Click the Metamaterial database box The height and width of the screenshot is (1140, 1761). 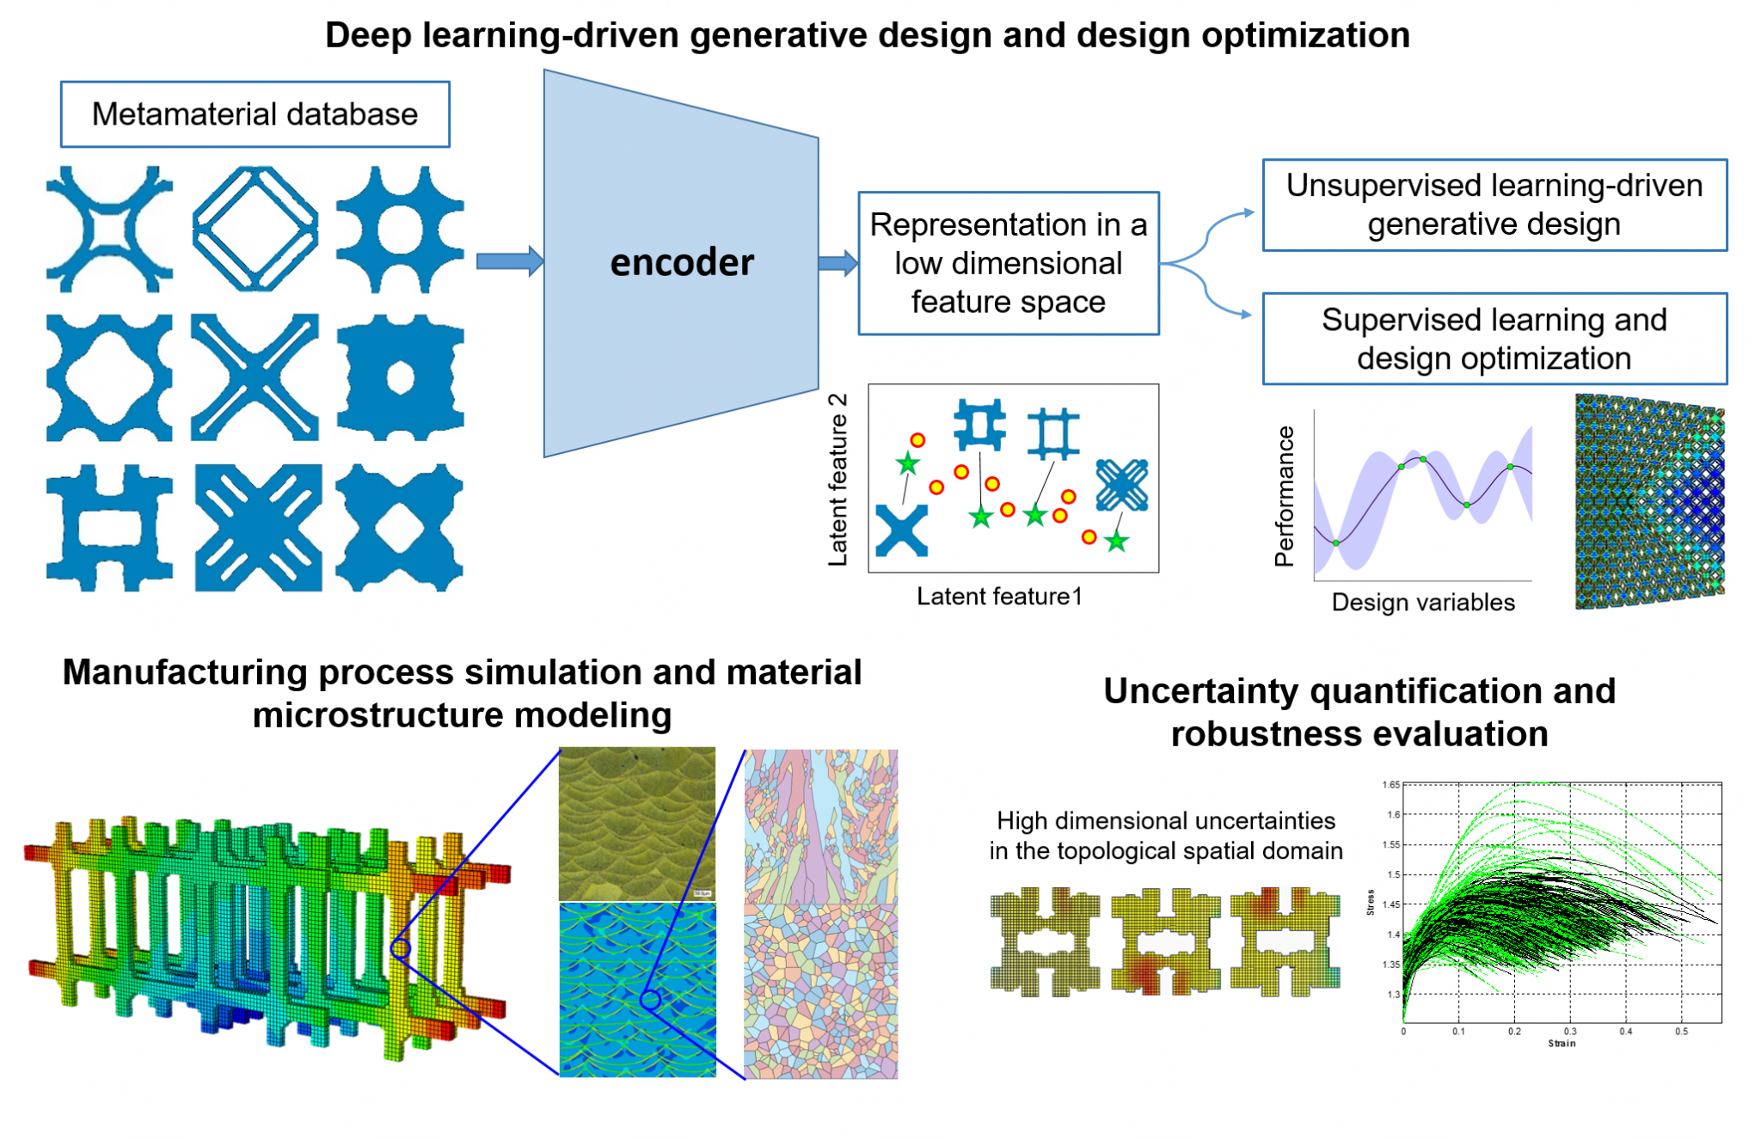point(255,114)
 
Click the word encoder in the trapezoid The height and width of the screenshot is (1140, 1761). point(682,262)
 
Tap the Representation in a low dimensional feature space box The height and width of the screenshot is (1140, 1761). point(1008,263)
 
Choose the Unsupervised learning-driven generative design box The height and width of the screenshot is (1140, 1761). point(1494,205)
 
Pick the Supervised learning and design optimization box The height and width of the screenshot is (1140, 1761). point(1494,339)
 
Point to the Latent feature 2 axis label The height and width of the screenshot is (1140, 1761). point(838,480)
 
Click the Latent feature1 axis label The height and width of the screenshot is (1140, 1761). point(999,596)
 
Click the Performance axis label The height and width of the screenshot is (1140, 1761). point(1284,496)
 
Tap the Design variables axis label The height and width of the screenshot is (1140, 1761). point(1423,602)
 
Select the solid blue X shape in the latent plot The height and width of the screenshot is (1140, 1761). point(901,530)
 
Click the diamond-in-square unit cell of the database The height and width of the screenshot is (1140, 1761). point(255,229)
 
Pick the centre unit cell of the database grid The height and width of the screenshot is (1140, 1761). point(255,377)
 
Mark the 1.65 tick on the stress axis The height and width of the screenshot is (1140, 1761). point(1391,784)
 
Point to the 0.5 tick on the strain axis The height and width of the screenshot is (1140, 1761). point(1681,1031)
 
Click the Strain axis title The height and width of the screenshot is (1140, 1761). point(1562,1043)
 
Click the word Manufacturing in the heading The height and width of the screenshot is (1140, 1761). point(185,672)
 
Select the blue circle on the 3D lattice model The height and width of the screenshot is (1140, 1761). point(400,948)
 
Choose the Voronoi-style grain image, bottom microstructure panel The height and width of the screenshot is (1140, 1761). point(820,991)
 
